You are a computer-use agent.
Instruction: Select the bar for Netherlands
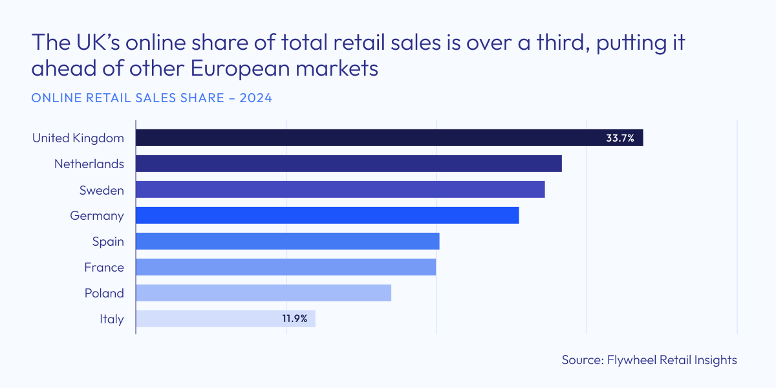(349, 164)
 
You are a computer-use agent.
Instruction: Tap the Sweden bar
(340, 189)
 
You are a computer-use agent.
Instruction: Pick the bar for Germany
(327, 215)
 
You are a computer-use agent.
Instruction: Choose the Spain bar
(288, 241)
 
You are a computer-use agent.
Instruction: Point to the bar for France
(286, 267)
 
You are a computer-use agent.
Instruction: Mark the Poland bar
(264, 293)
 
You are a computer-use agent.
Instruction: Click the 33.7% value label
(620, 138)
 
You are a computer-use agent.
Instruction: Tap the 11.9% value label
(294, 319)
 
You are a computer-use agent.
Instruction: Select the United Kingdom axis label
(78, 138)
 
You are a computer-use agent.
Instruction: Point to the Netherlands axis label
(89, 164)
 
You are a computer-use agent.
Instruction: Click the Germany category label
(97, 215)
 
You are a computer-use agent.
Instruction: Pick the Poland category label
(104, 293)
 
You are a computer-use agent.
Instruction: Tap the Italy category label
(112, 319)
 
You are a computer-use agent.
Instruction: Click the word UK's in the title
(98, 44)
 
